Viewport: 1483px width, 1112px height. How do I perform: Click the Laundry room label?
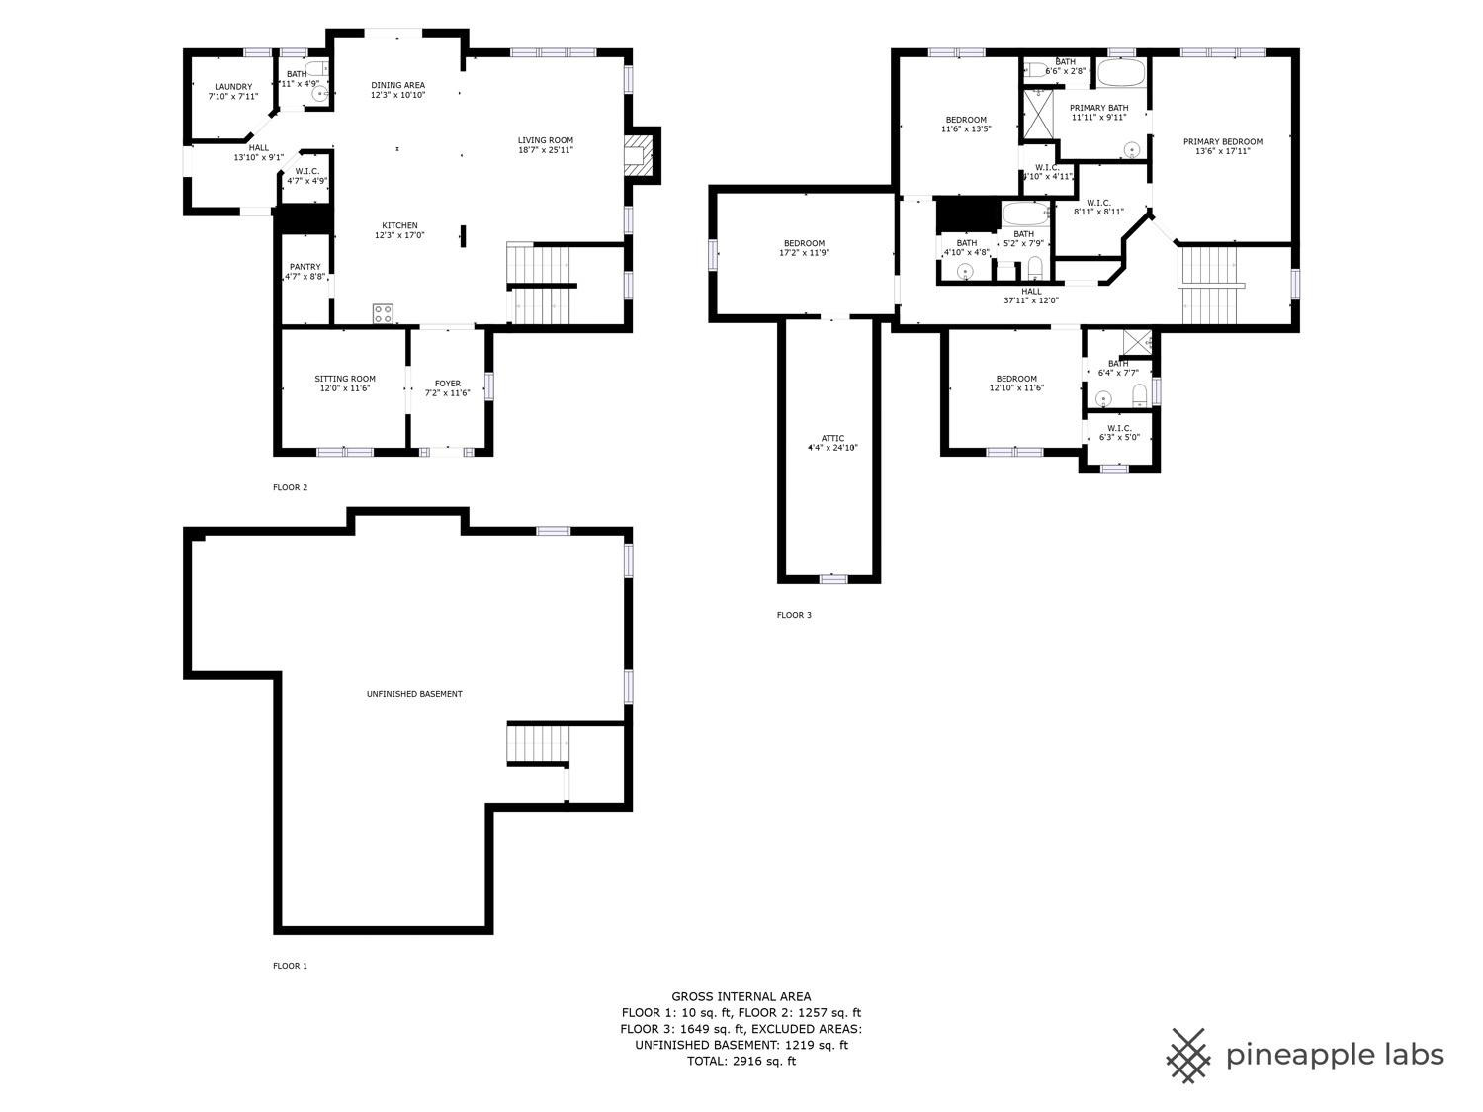click(232, 87)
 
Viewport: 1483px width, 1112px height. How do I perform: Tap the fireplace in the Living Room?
click(639, 156)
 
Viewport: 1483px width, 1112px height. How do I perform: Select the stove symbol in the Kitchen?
click(383, 313)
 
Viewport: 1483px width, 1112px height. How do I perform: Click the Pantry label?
click(305, 267)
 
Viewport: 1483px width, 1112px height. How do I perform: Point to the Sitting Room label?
click(345, 379)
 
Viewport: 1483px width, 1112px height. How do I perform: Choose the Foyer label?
click(447, 384)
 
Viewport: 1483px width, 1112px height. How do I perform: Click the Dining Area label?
click(397, 85)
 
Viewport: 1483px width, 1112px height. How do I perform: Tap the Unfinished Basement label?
click(414, 694)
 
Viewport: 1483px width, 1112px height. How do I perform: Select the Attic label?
click(832, 438)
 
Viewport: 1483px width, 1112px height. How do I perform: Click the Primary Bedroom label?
click(1222, 141)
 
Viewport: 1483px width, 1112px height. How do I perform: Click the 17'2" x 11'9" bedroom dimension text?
click(804, 253)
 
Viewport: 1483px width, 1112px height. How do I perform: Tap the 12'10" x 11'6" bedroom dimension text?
click(1016, 388)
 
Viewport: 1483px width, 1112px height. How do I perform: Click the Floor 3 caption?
click(794, 615)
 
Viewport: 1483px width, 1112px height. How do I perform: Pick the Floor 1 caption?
click(290, 966)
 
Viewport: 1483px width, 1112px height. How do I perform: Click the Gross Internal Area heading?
click(741, 996)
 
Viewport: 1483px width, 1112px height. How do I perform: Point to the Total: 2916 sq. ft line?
click(741, 1061)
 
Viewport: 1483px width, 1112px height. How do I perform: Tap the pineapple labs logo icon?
click(1189, 1055)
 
